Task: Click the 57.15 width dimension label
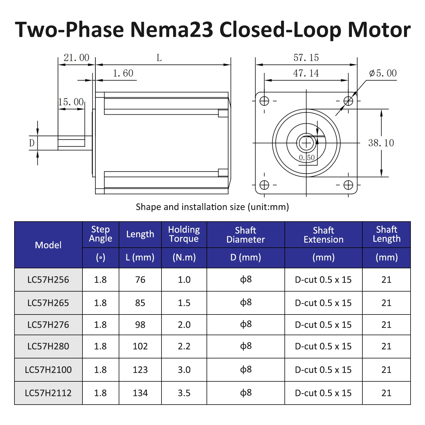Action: tap(306, 58)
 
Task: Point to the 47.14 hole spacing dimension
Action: tap(306, 73)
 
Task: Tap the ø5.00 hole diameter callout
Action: tap(383, 73)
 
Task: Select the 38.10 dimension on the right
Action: tap(381, 143)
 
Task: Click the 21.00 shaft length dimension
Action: tap(76, 58)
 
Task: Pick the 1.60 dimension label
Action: tap(123, 73)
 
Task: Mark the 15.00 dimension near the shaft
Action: tap(71, 102)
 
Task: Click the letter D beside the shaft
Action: tap(32, 143)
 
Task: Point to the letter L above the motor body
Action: tap(159, 58)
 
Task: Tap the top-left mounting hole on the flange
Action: tap(264, 101)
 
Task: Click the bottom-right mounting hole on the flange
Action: tap(348, 185)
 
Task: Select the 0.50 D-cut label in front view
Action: tap(307, 158)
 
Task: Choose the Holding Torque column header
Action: tap(184, 234)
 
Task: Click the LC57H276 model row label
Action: tap(48, 325)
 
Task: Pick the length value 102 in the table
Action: tap(140, 346)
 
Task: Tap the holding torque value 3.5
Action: tap(184, 393)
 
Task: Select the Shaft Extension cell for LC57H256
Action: tap(323, 280)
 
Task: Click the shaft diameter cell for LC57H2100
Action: tap(246, 369)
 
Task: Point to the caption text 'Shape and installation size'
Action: tap(190, 207)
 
